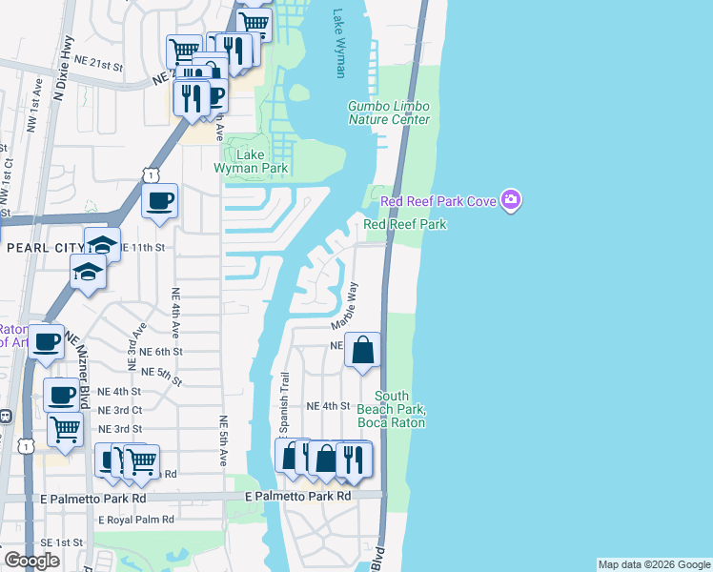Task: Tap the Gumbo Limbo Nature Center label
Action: point(388,112)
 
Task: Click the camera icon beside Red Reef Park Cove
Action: point(512,200)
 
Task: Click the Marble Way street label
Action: point(348,304)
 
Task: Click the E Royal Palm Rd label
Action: point(136,520)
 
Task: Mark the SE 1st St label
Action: point(57,541)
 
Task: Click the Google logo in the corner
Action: point(31,561)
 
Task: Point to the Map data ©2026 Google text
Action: point(654,564)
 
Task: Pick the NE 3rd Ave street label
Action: point(134,346)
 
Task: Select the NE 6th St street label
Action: point(160,351)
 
